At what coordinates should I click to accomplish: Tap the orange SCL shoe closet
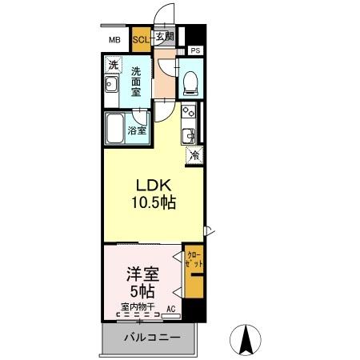(141, 38)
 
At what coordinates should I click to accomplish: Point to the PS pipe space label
(196, 50)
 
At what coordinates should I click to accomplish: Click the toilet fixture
(190, 80)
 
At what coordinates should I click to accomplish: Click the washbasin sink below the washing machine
(112, 86)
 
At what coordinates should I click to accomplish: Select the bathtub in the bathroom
(114, 128)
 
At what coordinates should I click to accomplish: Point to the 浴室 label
(138, 130)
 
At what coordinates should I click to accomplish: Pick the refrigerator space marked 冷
(194, 156)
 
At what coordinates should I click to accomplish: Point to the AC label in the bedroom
(170, 307)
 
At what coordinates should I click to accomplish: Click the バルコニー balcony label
(151, 338)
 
